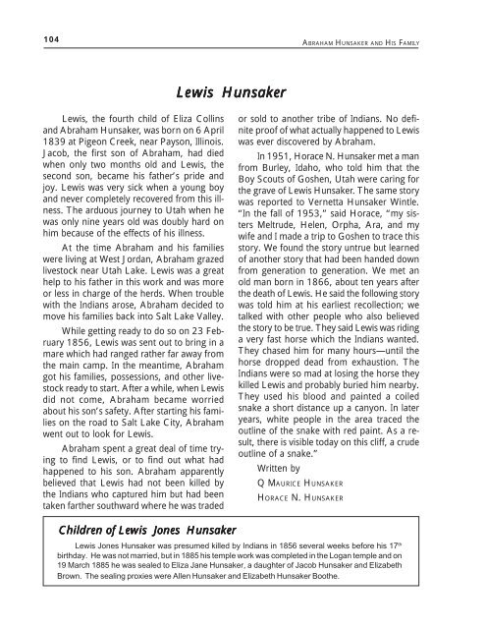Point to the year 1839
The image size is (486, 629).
[46, 168]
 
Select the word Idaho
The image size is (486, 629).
[347, 183]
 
